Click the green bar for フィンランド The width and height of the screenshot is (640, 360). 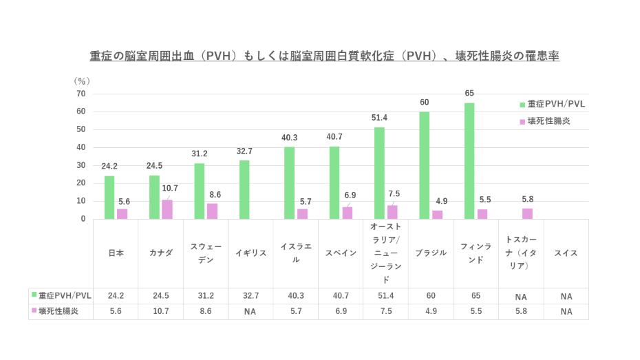point(469,161)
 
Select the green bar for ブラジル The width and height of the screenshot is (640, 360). point(424,165)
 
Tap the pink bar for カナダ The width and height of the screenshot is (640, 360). point(167,209)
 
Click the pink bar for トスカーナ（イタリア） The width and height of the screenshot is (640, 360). point(527,213)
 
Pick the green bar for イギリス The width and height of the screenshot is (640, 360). point(244,189)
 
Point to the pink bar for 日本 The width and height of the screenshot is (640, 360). point(122,214)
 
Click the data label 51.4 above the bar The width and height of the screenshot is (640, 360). point(379,118)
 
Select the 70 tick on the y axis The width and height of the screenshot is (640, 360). point(81,94)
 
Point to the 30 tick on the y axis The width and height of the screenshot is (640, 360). point(81,165)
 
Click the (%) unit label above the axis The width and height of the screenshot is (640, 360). point(82,81)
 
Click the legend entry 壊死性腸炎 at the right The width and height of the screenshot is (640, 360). point(548,120)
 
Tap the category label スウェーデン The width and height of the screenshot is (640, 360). point(206,253)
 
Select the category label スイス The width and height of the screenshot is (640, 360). point(566,253)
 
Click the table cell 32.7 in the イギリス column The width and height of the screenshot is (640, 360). point(250,296)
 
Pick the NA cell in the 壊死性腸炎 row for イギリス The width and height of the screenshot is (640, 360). point(250,311)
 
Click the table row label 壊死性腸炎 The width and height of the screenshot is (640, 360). point(58,311)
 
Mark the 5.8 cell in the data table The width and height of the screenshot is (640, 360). point(521,311)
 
